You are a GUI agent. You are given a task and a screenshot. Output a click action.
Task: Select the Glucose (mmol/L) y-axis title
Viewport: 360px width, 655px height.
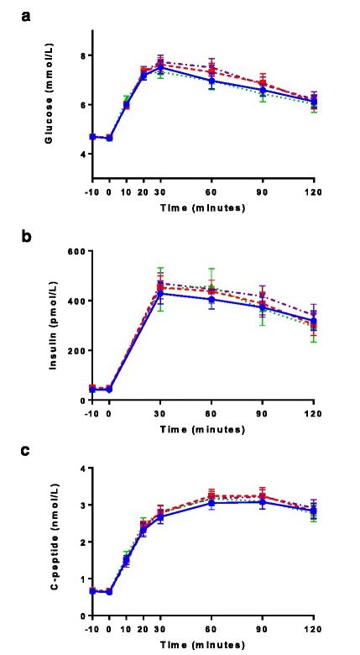(x=51, y=104)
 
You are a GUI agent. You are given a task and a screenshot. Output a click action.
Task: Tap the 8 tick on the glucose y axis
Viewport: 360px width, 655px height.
(x=82, y=55)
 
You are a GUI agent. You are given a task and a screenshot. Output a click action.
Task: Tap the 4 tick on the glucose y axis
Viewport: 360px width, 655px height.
(x=82, y=155)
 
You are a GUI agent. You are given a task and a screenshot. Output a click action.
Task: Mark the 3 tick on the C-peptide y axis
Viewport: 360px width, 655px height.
(x=82, y=506)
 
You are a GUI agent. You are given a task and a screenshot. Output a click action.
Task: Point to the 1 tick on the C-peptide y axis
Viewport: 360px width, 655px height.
(x=82, y=579)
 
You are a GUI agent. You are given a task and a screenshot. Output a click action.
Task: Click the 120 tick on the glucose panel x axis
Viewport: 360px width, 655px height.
(x=314, y=189)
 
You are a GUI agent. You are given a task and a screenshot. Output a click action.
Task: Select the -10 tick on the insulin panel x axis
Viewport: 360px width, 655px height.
(x=92, y=412)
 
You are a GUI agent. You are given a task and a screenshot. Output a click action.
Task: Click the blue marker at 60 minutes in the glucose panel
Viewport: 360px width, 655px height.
(x=212, y=81)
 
